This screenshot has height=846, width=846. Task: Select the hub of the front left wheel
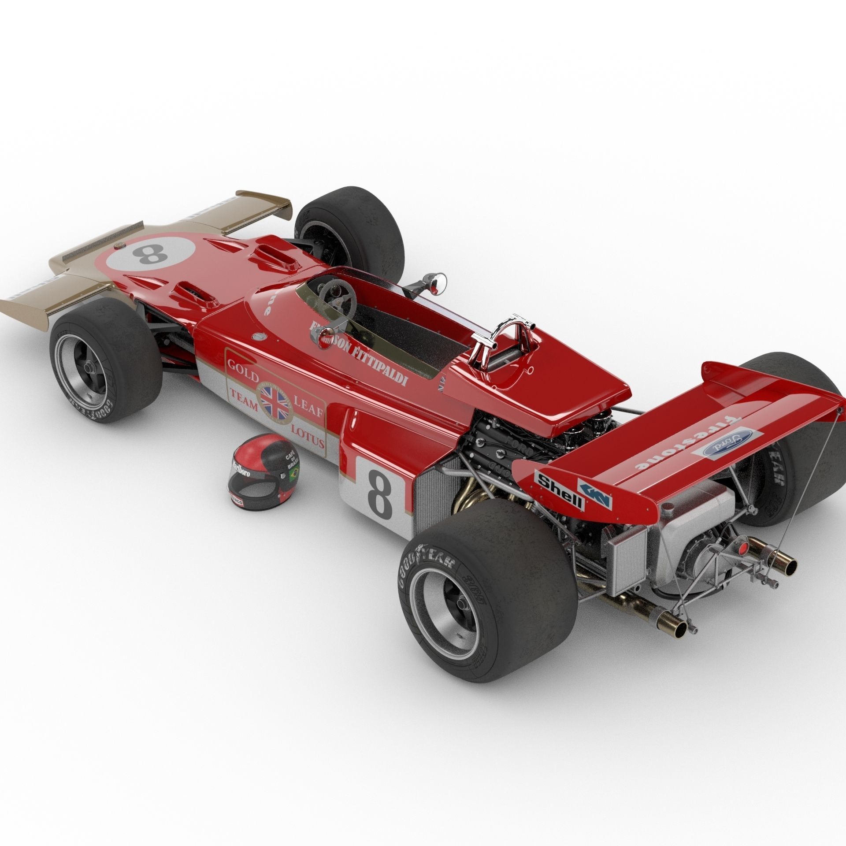coord(90,366)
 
